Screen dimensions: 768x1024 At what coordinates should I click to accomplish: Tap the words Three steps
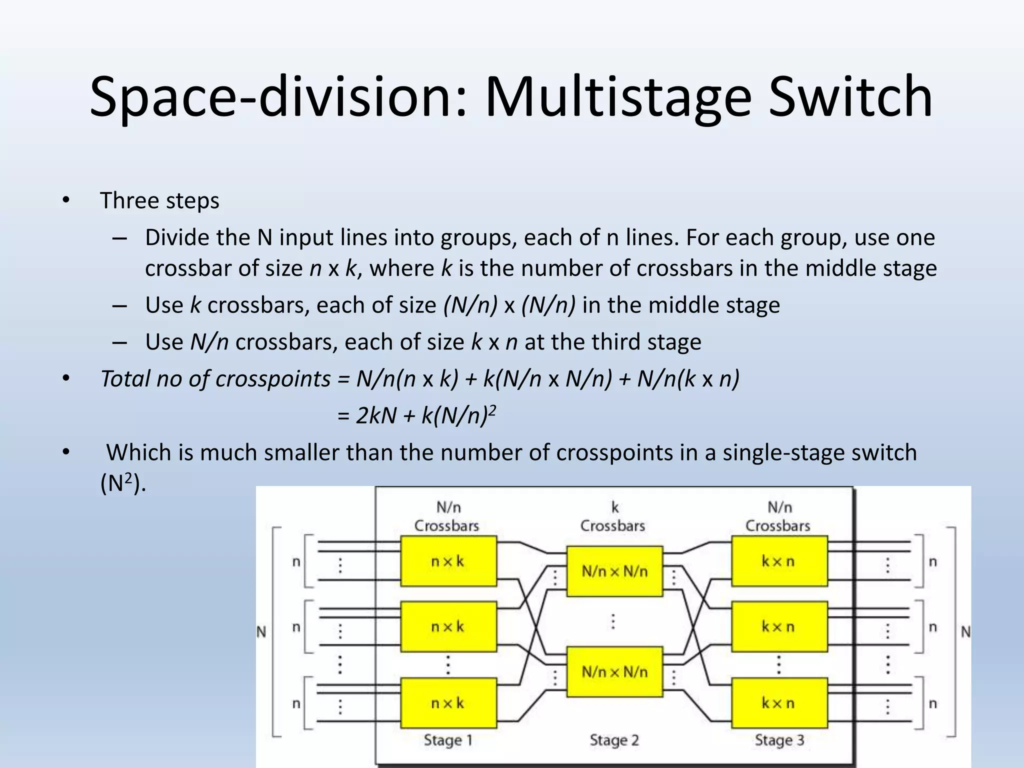[x=159, y=201]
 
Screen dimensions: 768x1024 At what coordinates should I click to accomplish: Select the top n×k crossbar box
[x=448, y=561]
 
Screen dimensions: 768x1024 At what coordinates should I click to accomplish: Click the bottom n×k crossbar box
[x=448, y=703]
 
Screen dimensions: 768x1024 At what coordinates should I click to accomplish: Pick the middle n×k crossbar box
[x=448, y=626]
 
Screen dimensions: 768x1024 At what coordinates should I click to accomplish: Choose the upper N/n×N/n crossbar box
[x=614, y=571]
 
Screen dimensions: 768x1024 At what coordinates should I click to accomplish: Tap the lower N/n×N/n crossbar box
[x=614, y=671]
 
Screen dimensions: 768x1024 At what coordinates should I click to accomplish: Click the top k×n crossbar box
[x=779, y=561]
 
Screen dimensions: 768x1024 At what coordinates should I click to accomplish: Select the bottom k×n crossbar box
[x=779, y=703]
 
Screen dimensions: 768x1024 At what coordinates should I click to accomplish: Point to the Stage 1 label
[x=448, y=740]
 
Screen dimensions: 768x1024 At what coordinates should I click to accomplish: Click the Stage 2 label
[x=614, y=740]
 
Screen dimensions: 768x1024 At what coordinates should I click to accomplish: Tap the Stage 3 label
[x=779, y=740]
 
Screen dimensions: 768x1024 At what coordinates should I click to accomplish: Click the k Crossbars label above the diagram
[x=613, y=517]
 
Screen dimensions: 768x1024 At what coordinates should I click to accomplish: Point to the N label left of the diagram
[x=261, y=632]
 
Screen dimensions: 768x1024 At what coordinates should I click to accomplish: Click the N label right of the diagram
[x=965, y=632]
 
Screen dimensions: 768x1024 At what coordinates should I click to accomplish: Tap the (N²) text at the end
[x=123, y=483]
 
